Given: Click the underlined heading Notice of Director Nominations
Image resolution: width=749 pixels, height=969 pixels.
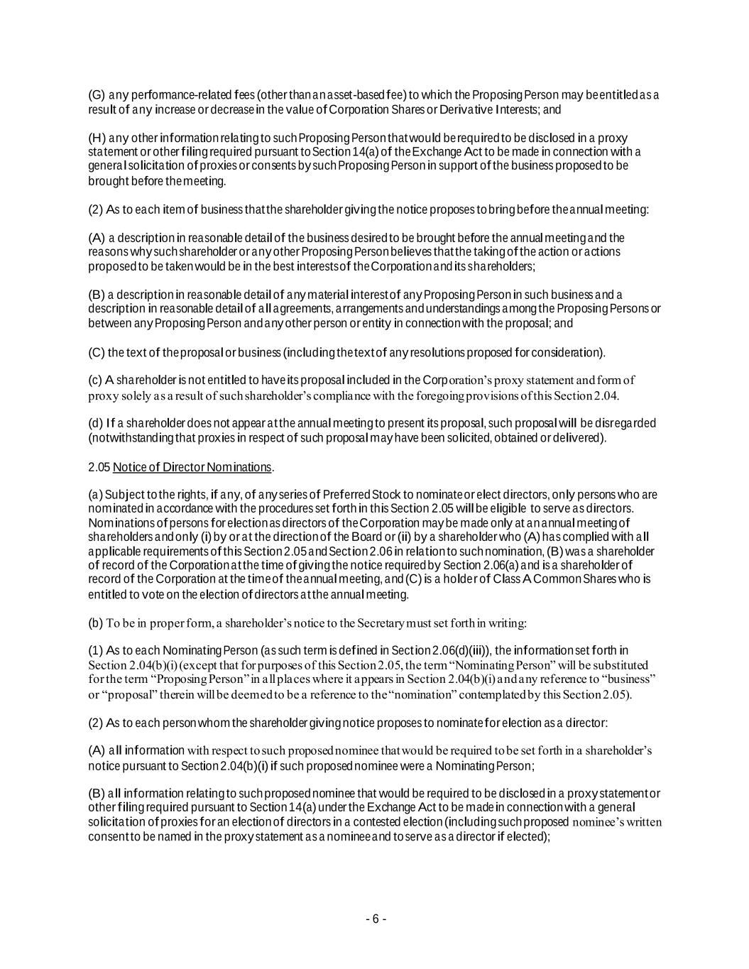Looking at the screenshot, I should (192, 467).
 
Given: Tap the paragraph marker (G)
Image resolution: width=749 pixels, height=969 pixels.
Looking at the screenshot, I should (97, 95).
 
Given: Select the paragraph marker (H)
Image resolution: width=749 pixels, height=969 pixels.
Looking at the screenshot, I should (97, 138).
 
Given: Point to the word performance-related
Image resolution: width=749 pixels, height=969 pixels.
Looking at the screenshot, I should (153, 95).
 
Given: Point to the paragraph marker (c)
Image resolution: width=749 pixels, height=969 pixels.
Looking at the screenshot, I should (96, 381).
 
